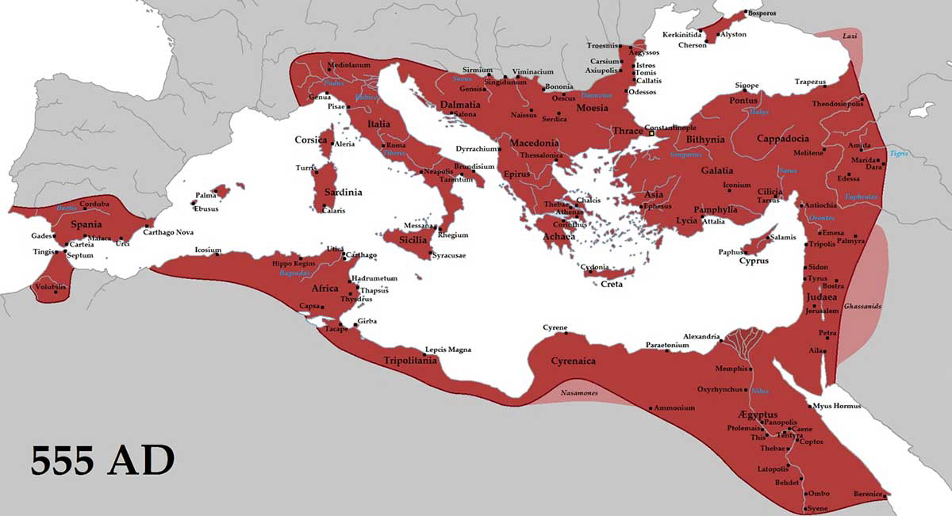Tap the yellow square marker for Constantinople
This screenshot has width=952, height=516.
pyautogui.click(x=652, y=134)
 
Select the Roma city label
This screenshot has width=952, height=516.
pyautogui.click(x=397, y=146)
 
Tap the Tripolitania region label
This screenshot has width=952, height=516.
pyautogui.click(x=410, y=361)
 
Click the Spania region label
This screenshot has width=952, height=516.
pyautogui.click(x=86, y=224)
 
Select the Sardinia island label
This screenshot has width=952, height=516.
pyautogui.click(x=342, y=192)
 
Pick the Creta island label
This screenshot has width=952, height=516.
pyautogui.click(x=611, y=284)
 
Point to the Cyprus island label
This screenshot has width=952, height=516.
pyautogui.click(x=754, y=261)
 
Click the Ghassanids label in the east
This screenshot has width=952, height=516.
pyautogui.click(x=862, y=306)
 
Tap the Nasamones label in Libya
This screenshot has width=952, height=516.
pyautogui.click(x=568, y=393)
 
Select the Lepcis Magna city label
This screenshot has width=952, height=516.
pyautogui.click(x=448, y=349)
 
